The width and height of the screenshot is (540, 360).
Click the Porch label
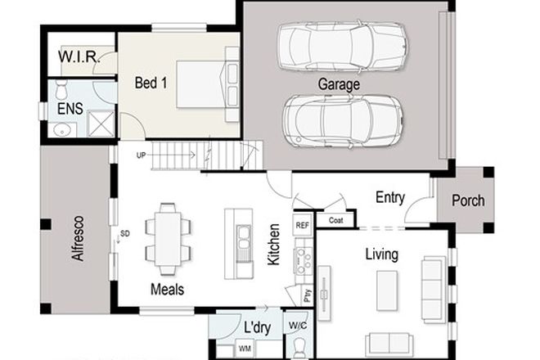467,200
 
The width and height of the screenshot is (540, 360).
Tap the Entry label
392,197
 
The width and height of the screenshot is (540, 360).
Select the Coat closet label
335,219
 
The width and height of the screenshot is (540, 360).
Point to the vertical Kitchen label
275,244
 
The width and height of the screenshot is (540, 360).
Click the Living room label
381,254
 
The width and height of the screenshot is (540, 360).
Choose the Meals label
167,289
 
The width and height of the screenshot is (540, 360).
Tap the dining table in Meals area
168,238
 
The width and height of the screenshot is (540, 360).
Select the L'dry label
257,328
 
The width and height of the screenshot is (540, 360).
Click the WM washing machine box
245,348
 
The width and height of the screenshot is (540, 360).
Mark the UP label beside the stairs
142,154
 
